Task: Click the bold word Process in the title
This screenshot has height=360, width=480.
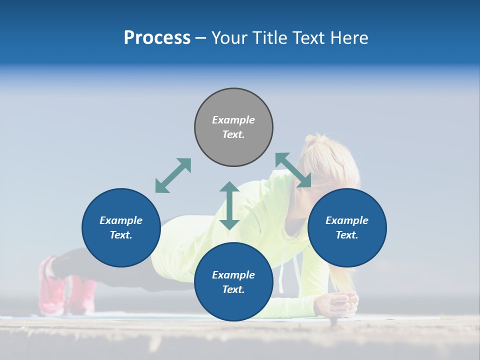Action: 157,38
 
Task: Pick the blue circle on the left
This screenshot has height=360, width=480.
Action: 121,227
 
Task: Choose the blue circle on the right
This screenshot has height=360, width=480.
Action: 347,227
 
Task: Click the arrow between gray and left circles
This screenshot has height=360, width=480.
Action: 173,175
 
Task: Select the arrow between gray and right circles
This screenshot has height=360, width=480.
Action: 293,170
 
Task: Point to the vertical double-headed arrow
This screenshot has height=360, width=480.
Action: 229,205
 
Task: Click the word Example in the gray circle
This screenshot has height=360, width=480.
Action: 233,120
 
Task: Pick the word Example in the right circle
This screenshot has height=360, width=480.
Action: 347,220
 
